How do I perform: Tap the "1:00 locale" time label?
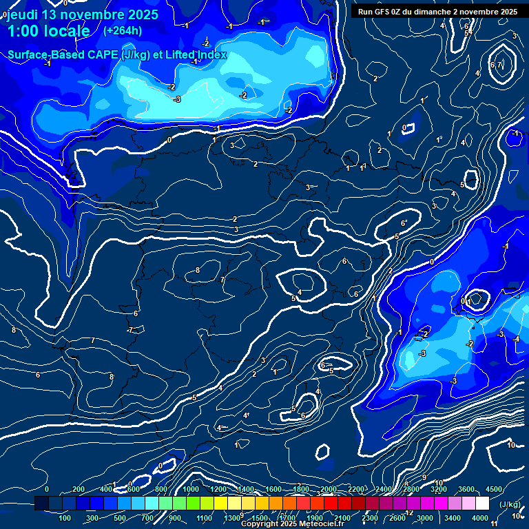[x=48, y=31]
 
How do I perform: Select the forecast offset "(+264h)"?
[x=123, y=30]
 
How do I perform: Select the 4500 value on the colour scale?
[x=493, y=489]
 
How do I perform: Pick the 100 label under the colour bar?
[x=65, y=518]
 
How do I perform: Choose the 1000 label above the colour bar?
[x=190, y=489]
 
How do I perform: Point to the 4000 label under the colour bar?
[x=481, y=518]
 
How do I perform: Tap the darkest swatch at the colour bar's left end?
[x=41, y=504]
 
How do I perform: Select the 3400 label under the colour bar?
[x=453, y=518]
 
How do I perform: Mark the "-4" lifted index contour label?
[x=516, y=338]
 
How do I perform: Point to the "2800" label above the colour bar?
[x=411, y=489]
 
